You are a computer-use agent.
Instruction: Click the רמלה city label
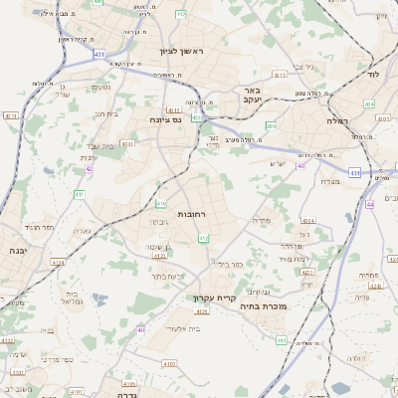click(335, 120)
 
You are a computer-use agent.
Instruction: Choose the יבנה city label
click(15, 251)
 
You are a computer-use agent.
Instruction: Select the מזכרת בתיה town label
click(264, 306)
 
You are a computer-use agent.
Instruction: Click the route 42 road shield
click(89, 168)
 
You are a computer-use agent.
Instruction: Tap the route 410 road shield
click(160, 203)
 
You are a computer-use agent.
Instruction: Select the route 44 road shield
click(369, 203)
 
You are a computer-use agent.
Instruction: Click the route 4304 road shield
click(307, 221)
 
